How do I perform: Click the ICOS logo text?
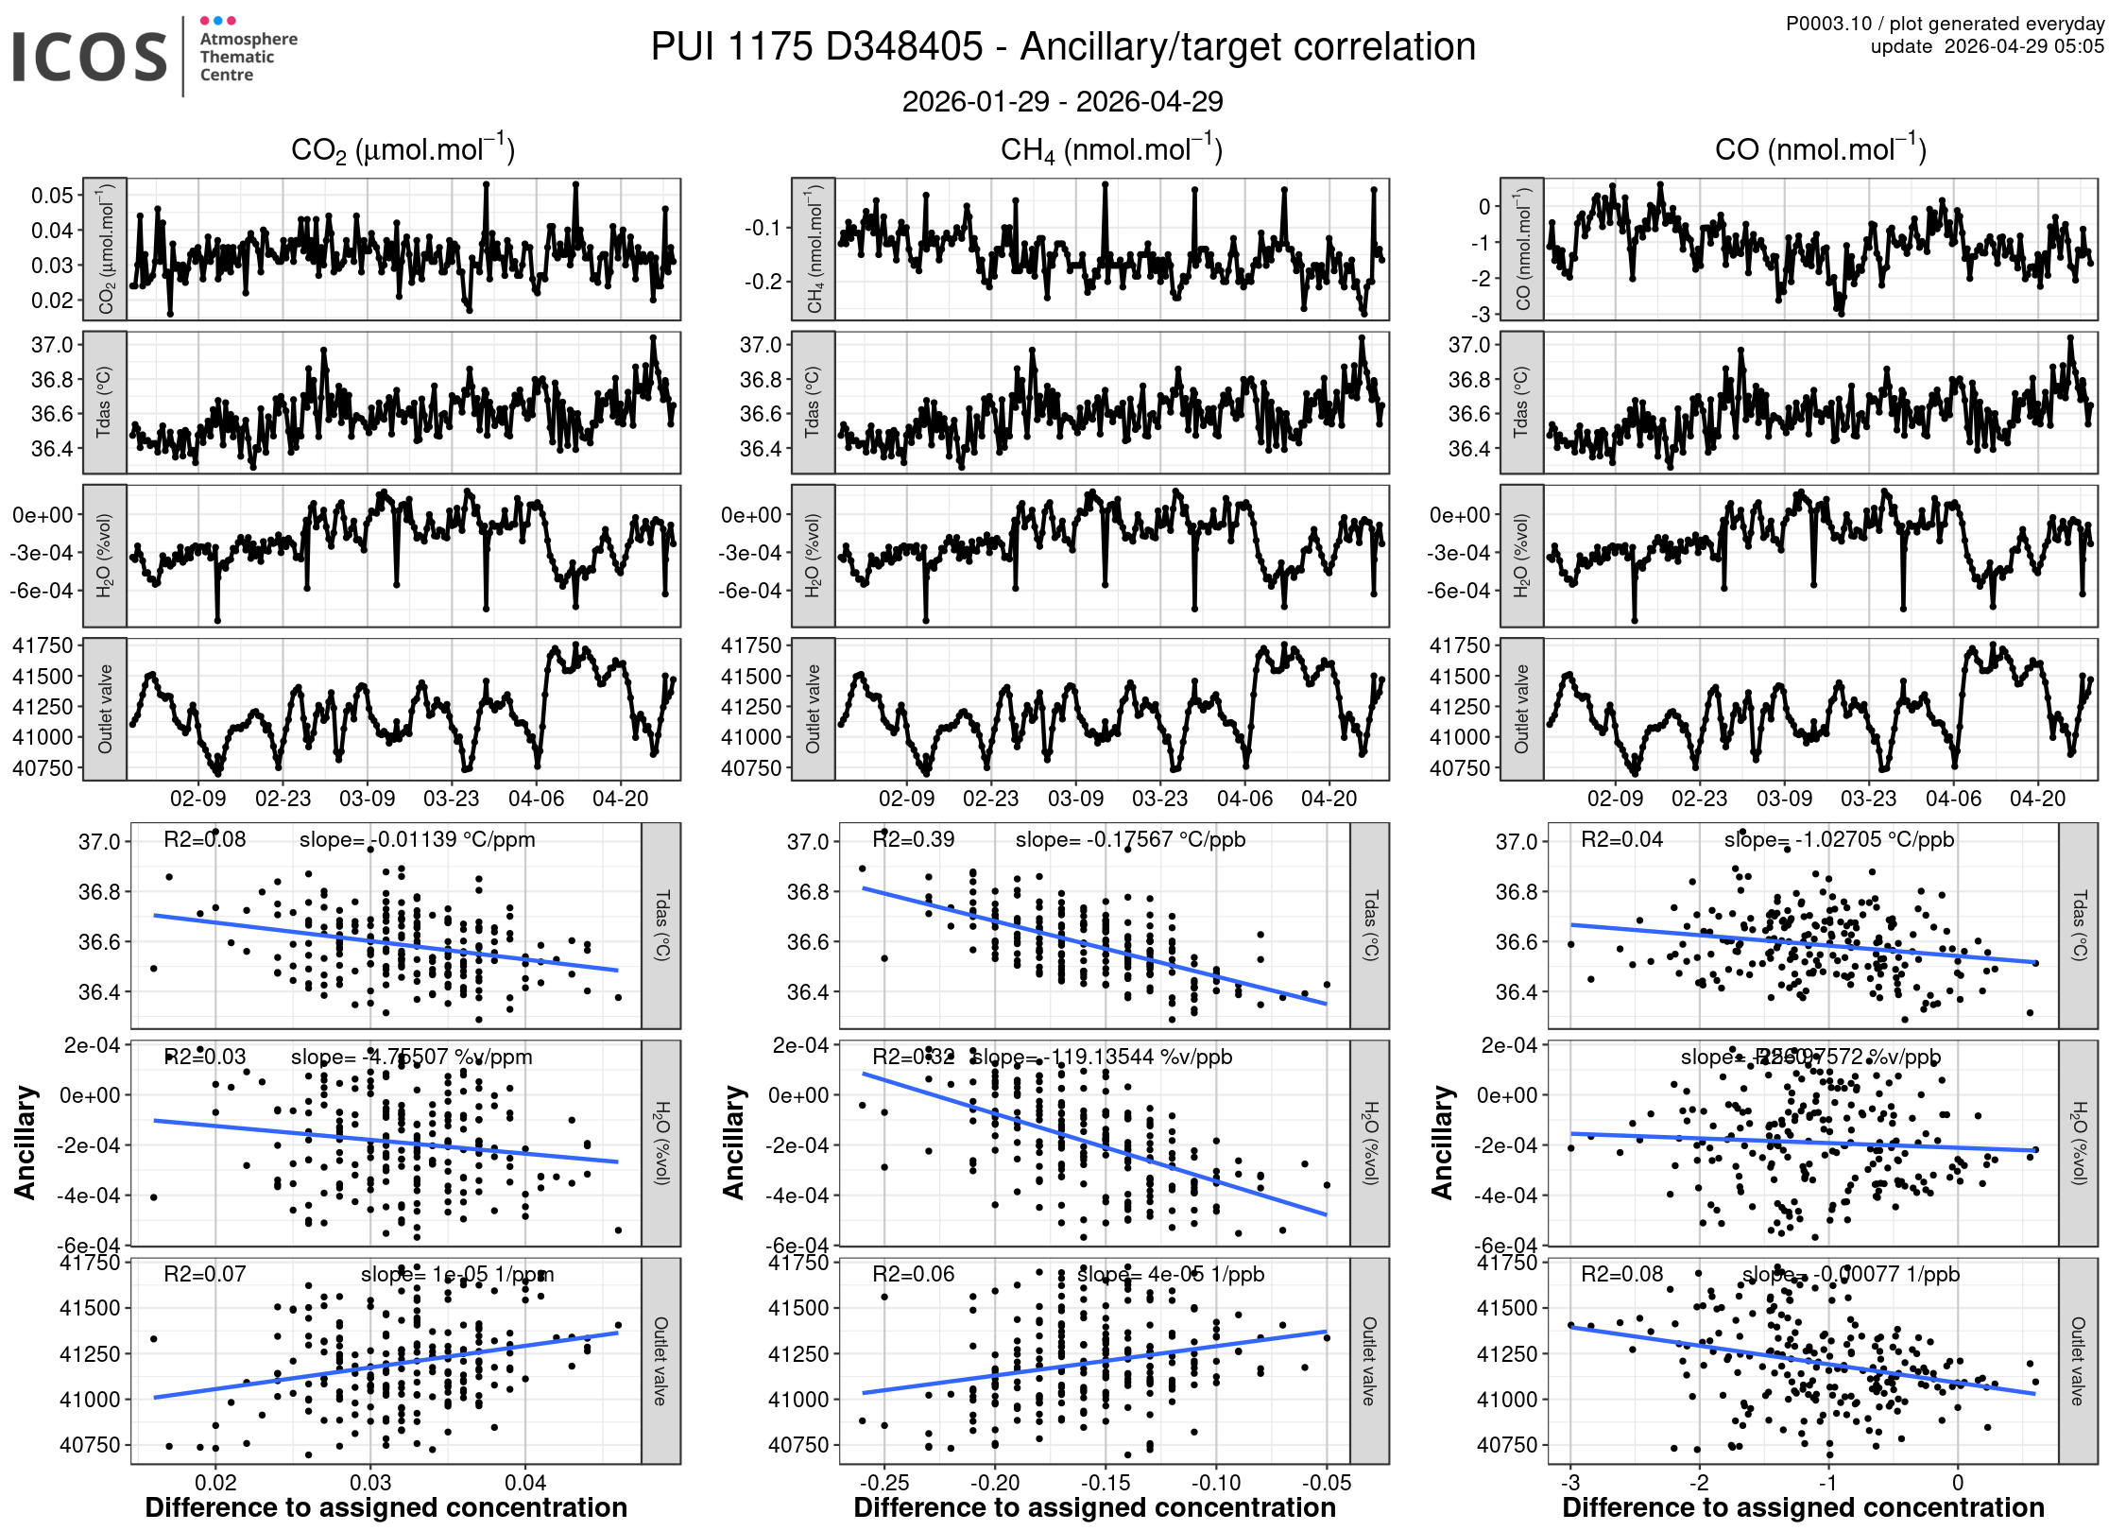pyautogui.click(x=90, y=57)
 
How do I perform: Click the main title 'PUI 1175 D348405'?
pyautogui.click(x=816, y=47)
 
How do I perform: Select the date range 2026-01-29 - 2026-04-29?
pyautogui.click(x=1062, y=101)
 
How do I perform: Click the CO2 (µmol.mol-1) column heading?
pyautogui.click(x=403, y=150)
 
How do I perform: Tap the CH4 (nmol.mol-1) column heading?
pyautogui.click(x=1111, y=150)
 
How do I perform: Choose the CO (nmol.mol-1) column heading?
pyautogui.click(x=1820, y=150)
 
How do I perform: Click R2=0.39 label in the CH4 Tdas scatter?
pyautogui.click(x=913, y=839)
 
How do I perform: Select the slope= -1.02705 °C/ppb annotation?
pyautogui.click(x=1839, y=839)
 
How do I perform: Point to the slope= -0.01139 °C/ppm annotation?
pyautogui.click(x=417, y=839)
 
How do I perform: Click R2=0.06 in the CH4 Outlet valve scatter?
pyautogui.click(x=913, y=1274)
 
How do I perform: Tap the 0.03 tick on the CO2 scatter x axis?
pyautogui.click(x=370, y=1482)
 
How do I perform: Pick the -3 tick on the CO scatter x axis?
pyautogui.click(x=1570, y=1482)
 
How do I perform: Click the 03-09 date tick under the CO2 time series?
pyautogui.click(x=367, y=799)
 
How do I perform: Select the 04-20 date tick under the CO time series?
pyautogui.click(x=2037, y=799)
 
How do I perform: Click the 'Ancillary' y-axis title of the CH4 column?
pyautogui.click(x=734, y=1143)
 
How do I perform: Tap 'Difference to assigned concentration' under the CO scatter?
pyautogui.click(x=1803, y=1508)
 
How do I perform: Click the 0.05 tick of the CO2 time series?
pyautogui.click(x=52, y=196)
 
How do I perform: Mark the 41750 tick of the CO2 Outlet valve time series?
pyautogui.click(x=43, y=645)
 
